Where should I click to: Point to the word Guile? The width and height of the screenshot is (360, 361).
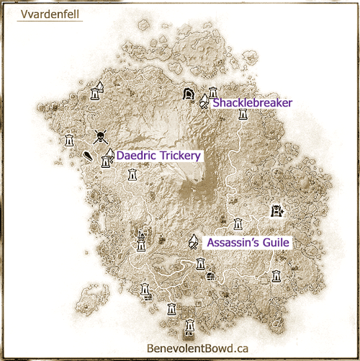pyautogui.click(x=274, y=244)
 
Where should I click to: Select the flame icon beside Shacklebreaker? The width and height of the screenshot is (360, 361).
pyautogui.click(x=204, y=103)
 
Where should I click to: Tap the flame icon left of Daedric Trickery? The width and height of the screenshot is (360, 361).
pyautogui.click(x=110, y=153)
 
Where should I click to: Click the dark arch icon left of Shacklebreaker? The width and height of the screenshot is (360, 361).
pyautogui.click(x=189, y=92)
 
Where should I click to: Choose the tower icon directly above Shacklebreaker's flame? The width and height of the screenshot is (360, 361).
pyautogui.click(x=212, y=92)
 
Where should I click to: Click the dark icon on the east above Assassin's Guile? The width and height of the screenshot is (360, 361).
pyautogui.click(x=276, y=211)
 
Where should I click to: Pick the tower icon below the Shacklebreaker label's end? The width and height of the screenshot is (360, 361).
pyautogui.click(x=243, y=115)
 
